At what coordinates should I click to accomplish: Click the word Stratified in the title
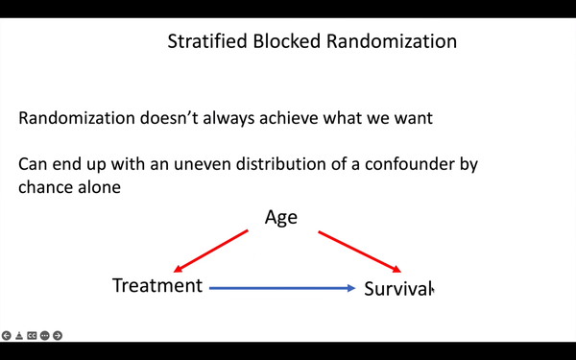click(203, 42)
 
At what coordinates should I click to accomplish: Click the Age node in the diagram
click(281, 217)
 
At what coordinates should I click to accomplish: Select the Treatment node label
click(157, 285)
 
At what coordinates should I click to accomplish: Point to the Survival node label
click(397, 288)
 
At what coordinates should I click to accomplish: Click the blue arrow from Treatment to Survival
click(282, 287)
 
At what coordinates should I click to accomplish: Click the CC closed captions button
click(32, 336)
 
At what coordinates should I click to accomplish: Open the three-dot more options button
click(44, 336)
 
